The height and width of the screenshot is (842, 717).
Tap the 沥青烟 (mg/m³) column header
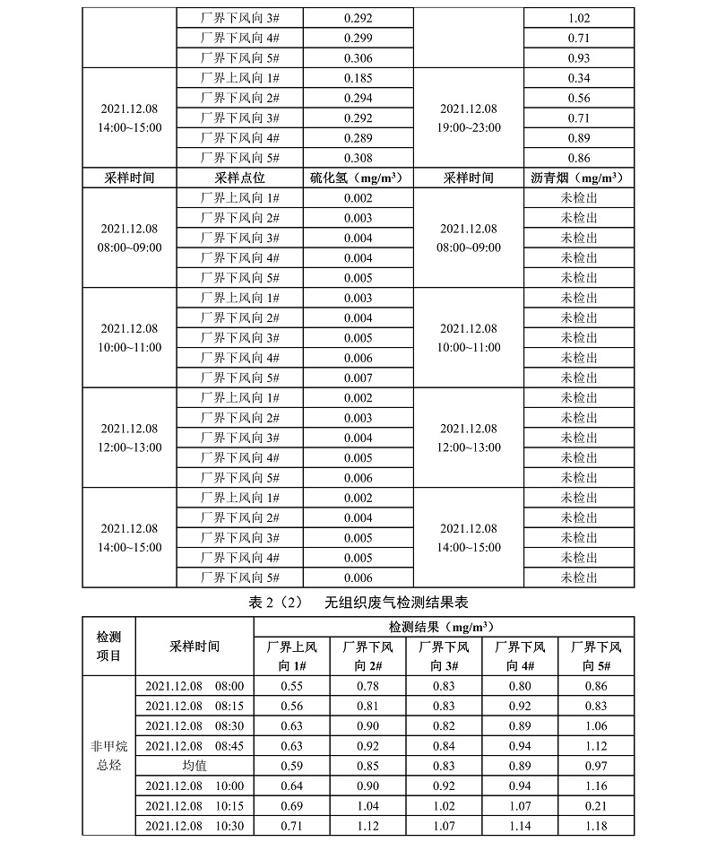click(x=578, y=178)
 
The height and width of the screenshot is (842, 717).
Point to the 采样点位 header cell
click(x=241, y=178)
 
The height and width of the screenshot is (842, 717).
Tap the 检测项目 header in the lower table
click(x=108, y=646)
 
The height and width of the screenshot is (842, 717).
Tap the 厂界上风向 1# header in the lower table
click(x=291, y=655)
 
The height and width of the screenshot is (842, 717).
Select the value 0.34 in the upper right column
click(x=578, y=78)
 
